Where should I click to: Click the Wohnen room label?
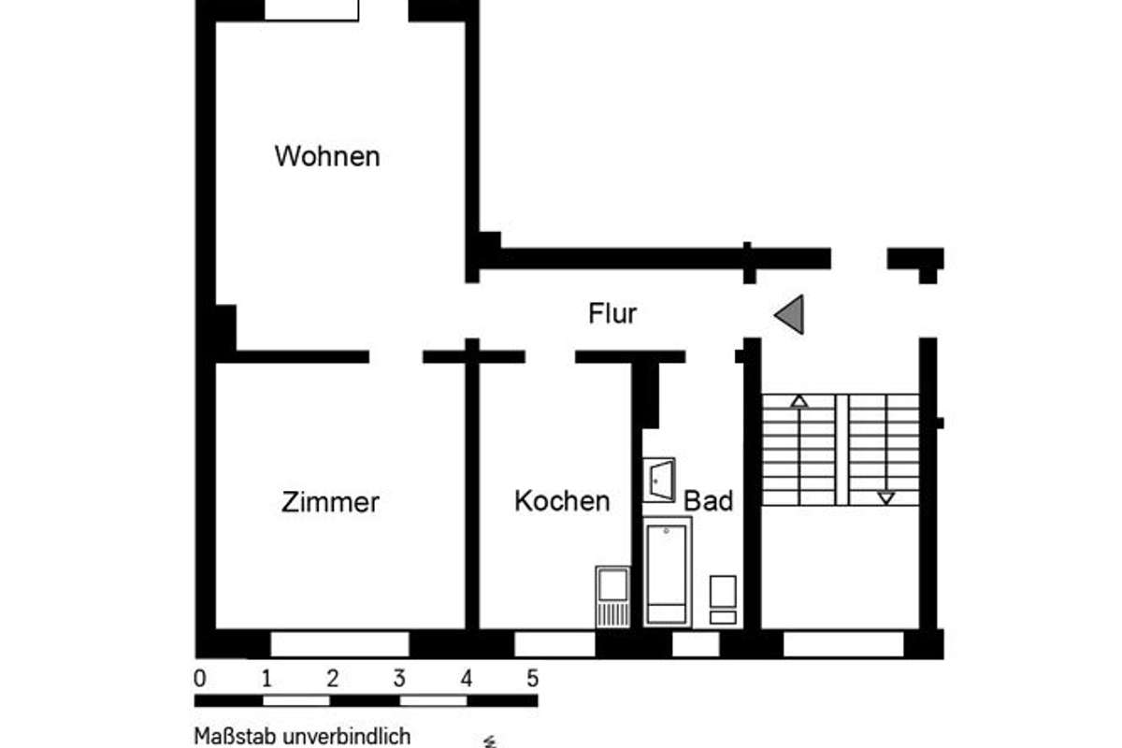327,156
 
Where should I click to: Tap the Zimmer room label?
330,502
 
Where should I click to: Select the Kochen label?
562,501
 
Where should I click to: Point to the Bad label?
709,500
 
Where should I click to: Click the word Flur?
612,313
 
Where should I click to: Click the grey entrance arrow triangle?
789,315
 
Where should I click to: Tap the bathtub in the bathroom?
668,571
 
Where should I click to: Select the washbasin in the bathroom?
659,480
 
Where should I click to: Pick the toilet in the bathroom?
724,599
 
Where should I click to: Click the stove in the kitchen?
613,597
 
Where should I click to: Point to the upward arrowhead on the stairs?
799,401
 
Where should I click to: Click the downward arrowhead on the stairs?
886,498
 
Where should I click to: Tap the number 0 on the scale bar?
200,679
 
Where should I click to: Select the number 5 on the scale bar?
532,679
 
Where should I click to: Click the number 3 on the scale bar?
399,679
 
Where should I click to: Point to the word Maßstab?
236,736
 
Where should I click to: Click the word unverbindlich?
347,736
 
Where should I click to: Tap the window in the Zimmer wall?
340,644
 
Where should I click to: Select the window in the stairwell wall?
843,644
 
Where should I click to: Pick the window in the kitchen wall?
554,644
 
